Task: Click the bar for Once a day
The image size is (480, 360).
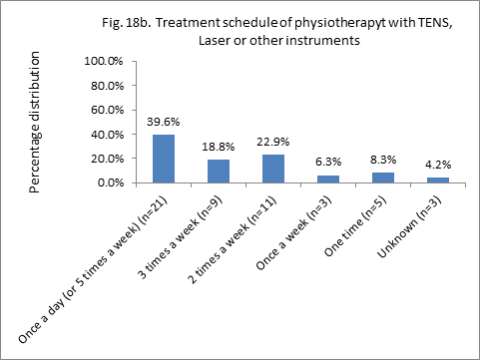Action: (x=164, y=159)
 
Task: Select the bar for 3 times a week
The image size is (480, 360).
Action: (x=219, y=171)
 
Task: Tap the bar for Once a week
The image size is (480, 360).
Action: (x=328, y=179)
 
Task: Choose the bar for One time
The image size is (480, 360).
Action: (x=383, y=178)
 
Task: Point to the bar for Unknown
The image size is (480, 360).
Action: (x=438, y=180)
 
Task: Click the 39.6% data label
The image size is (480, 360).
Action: (x=164, y=123)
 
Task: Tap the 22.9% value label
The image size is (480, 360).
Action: (x=273, y=143)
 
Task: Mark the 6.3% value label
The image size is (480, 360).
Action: (x=328, y=163)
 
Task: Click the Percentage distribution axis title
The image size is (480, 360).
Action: (x=37, y=122)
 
